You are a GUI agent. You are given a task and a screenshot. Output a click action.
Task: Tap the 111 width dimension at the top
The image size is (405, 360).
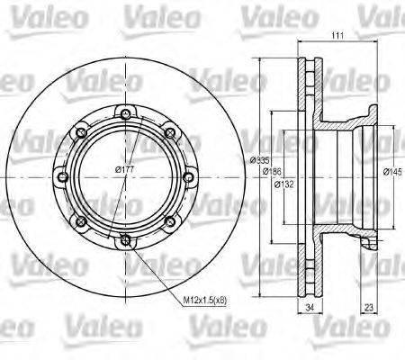(x=338, y=36)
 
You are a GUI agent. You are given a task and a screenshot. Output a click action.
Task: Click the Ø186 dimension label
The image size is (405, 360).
(x=269, y=171)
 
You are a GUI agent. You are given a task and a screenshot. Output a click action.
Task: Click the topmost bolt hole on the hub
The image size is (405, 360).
(x=124, y=113)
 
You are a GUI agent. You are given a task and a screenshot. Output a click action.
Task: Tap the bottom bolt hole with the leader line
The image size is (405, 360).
(x=124, y=239)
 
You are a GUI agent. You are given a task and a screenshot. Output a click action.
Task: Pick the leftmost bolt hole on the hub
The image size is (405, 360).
(x=61, y=176)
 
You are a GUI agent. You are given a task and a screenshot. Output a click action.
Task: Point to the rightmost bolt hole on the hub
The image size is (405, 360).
(x=187, y=176)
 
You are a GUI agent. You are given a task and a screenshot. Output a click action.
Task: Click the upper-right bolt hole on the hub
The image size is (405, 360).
(x=169, y=132)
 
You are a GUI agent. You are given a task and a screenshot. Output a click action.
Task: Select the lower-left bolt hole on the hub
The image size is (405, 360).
(x=80, y=220)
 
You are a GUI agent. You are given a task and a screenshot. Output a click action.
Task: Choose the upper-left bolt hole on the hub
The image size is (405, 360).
(x=80, y=132)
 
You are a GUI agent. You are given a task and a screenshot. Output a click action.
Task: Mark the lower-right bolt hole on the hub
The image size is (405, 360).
(x=169, y=220)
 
